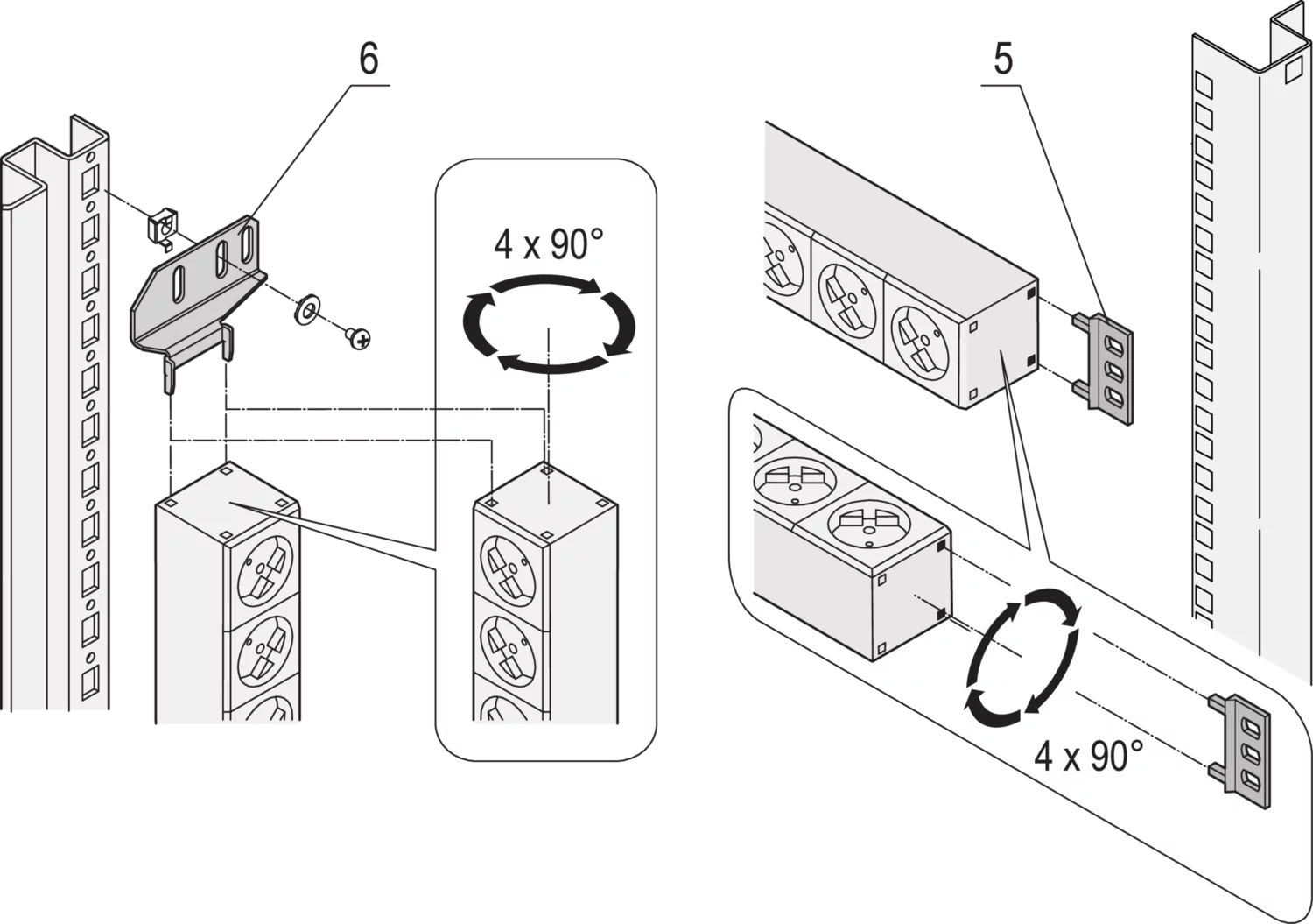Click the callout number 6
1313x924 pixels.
(368, 62)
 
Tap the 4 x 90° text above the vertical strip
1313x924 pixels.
(549, 246)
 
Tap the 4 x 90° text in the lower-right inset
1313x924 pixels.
(1088, 754)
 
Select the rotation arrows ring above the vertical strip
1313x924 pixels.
(547, 323)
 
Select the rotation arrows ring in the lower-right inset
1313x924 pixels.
(1022, 658)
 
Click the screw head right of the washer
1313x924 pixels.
(357, 336)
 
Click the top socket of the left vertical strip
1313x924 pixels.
(261, 564)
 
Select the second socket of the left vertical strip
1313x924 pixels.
(261, 653)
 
